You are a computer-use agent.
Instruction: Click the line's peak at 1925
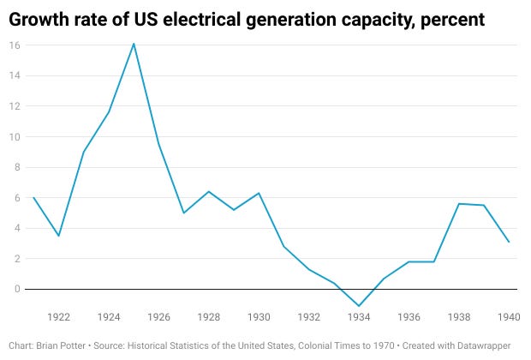134,43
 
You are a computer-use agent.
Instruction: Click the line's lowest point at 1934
359,306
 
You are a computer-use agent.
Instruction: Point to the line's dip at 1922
58,236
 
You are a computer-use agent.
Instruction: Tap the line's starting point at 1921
33,198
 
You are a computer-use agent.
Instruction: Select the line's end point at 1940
509,242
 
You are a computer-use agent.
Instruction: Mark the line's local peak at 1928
208,191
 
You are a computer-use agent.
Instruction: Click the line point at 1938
459,204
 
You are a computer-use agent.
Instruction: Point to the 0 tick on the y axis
16,289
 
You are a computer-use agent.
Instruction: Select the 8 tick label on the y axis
16,167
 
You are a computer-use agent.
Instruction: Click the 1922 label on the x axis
58,317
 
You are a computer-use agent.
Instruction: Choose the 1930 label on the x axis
259,317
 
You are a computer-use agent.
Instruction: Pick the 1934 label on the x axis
359,317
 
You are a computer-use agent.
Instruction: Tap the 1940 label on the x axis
509,317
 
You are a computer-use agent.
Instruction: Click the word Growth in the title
40,17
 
